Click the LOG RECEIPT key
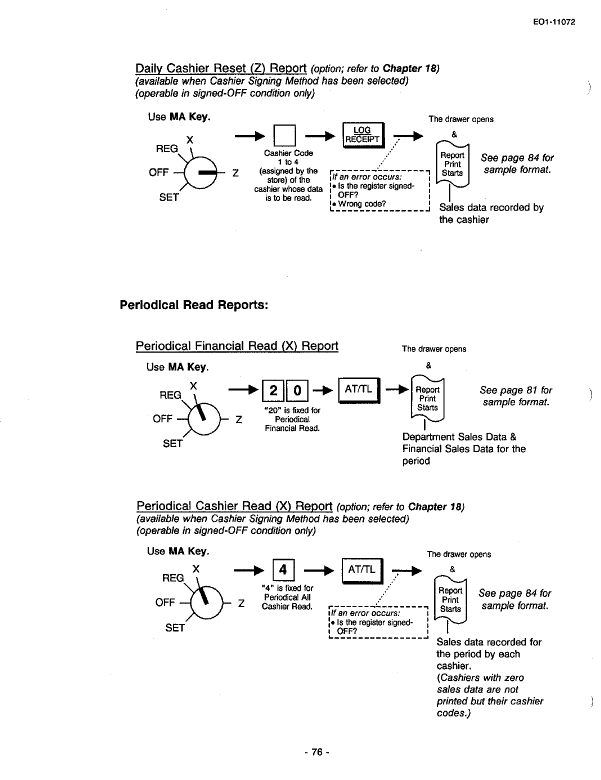(362, 134)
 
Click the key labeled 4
(283, 570)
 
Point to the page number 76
(316, 752)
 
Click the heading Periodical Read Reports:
(194, 305)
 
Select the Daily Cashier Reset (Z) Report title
(221, 68)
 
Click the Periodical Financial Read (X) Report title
(237, 346)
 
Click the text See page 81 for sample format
(515, 396)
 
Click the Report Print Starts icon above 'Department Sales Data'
(427, 398)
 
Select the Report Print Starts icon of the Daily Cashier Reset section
(452, 164)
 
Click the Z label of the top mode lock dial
(235, 173)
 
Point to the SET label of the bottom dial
(175, 627)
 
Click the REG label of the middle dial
(170, 395)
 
